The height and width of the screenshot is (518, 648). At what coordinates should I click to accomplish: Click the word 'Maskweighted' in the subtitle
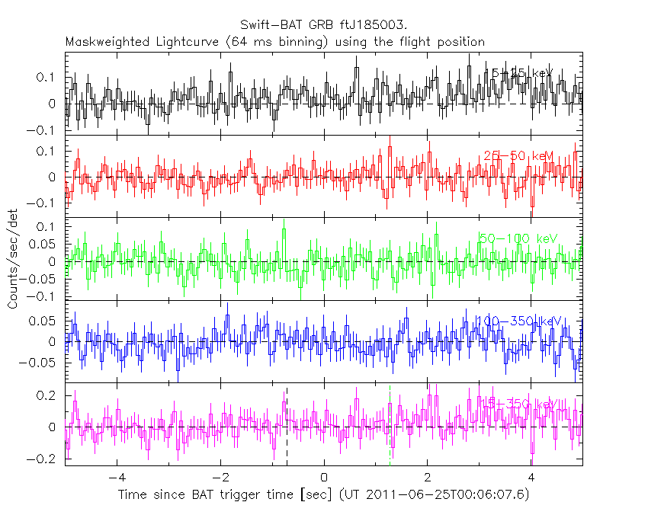tap(103, 41)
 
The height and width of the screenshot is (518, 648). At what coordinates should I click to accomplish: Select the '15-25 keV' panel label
tap(518, 73)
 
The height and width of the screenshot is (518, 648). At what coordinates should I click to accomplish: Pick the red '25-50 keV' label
tap(518, 156)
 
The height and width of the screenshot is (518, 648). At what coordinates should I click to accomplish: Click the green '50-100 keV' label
tap(518, 238)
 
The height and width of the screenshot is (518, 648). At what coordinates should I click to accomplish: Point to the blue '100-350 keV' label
tap(518, 321)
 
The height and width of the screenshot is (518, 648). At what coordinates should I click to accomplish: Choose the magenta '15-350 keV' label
tap(518, 402)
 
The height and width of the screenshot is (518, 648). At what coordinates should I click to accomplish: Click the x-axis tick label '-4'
tap(115, 478)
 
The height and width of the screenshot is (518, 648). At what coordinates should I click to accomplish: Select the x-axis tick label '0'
tap(324, 478)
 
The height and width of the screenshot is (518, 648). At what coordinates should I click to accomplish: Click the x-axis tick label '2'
tap(428, 478)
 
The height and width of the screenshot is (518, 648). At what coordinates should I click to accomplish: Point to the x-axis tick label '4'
tap(531, 478)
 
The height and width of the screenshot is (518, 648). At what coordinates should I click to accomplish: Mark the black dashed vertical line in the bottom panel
tap(287, 427)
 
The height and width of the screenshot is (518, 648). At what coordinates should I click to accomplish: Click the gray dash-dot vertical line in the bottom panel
tap(390, 427)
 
